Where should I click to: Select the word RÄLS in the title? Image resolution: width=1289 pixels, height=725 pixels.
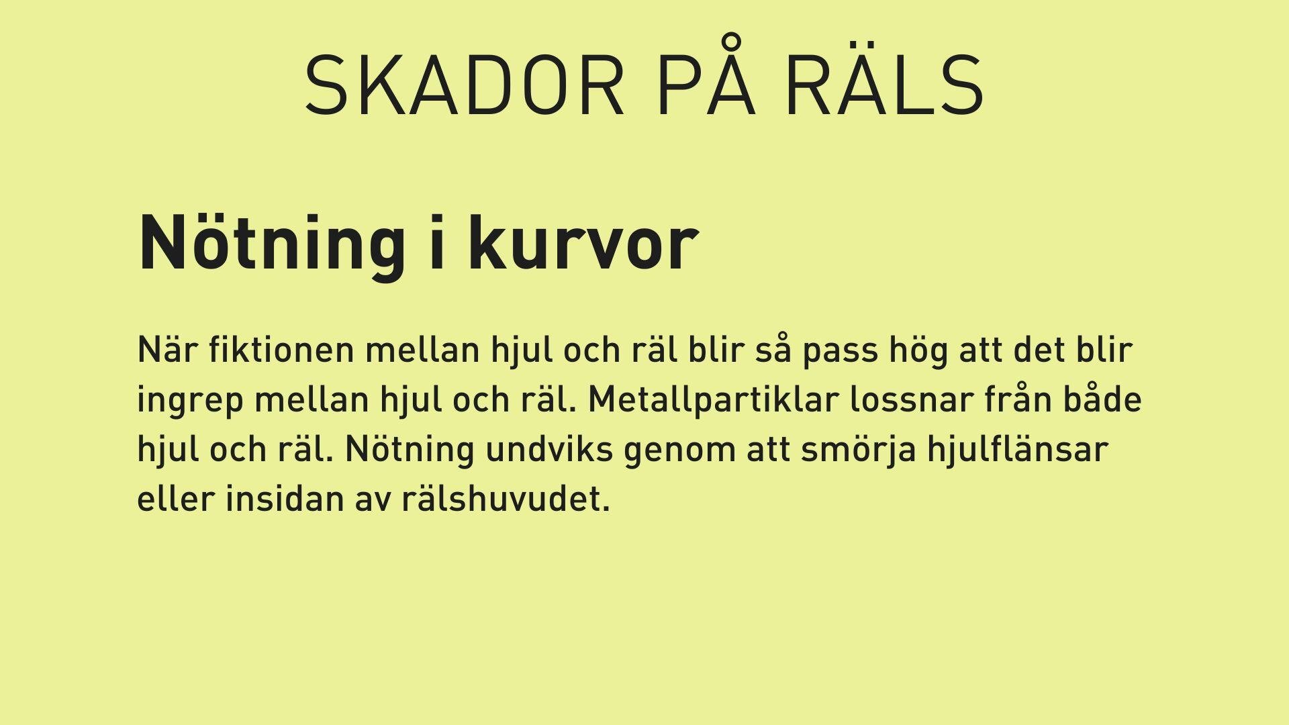[885, 79]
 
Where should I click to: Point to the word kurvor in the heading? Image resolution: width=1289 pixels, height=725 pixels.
[583, 243]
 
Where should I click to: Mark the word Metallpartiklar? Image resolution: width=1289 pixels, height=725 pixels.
[714, 399]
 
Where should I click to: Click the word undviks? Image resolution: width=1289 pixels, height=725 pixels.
[549, 448]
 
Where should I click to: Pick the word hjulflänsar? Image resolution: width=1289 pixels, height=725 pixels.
[1017, 450]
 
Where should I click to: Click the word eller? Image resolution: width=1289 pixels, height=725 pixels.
[175, 498]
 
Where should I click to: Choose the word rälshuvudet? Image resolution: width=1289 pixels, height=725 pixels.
[506, 498]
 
